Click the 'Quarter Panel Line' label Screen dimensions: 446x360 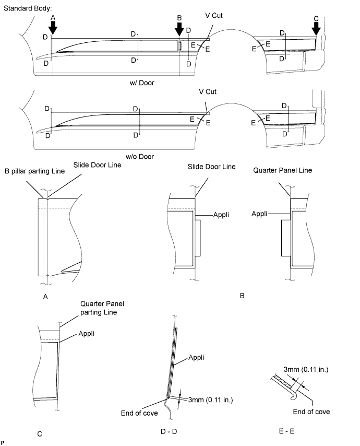click(x=280, y=170)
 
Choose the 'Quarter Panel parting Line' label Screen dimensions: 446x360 click(x=103, y=308)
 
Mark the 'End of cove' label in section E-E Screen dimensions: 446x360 click(x=311, y=412)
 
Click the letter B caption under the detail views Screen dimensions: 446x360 click(x=242, y=295)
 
